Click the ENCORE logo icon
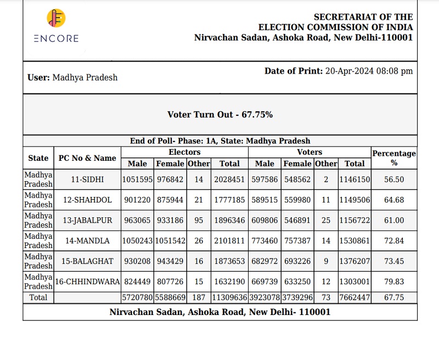[56, 19]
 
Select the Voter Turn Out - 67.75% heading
[220, 115]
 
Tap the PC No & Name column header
[87, 158]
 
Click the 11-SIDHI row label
[87, 179]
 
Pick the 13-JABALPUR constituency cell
[87, 220]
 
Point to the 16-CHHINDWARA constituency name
[87, 282]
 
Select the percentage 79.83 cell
[394, 282]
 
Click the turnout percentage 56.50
[394, 179]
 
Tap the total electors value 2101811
[229, 240]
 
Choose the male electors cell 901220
[137, 200]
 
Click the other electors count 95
[198, 220]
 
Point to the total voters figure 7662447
[354, 297]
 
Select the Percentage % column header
[394, 158]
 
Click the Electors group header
[184, 152]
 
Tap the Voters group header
[309, 152]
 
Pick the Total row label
[38, 297]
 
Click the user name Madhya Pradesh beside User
[85, 77]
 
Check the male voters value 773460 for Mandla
[265, 240]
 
